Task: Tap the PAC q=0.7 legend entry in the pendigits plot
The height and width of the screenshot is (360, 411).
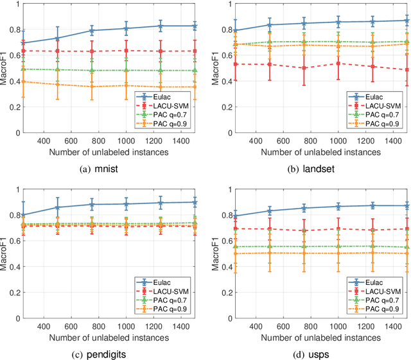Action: pyautogui.click(x=172, y=300)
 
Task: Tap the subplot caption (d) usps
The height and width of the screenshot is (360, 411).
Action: pyautogui.click(x=318, y=350)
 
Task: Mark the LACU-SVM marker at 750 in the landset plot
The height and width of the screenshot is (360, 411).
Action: pyautogui.click(x=304, y=67)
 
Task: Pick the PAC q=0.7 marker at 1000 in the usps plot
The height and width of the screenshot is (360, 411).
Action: pyautogui.click(x=338, y=246)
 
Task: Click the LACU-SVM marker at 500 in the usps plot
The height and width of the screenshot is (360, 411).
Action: pyautogui.click(x=269, y=228)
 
